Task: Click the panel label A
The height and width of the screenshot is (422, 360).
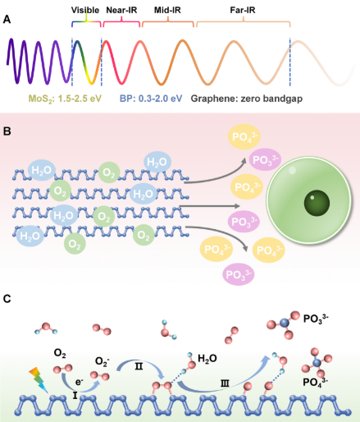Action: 7,20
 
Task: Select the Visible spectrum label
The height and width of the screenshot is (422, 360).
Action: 85,10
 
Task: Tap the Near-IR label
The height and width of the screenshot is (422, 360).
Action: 121,10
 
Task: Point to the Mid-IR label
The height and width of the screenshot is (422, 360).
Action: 167,10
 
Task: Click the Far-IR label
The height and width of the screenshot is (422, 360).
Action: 243,10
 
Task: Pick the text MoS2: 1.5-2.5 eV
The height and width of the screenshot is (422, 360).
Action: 65,99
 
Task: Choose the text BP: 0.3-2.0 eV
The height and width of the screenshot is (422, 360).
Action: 151,99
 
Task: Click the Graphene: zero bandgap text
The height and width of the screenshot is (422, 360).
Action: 247,99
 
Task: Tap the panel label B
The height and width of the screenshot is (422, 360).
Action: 7,131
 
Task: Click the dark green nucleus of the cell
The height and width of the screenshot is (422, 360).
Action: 317,203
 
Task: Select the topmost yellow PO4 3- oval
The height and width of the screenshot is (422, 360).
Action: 244,136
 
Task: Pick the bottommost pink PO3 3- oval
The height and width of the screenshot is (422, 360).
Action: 239,274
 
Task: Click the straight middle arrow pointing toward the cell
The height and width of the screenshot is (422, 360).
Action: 209,206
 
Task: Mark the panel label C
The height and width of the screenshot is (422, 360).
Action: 7,299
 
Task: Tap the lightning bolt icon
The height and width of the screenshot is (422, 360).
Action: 39,379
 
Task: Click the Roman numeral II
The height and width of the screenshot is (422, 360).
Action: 139,366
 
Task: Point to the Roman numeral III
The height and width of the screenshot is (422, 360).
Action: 225,383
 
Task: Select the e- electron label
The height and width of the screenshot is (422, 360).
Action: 80,382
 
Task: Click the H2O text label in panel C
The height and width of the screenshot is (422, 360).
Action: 207,359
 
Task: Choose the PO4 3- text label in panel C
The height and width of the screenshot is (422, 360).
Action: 316,382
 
